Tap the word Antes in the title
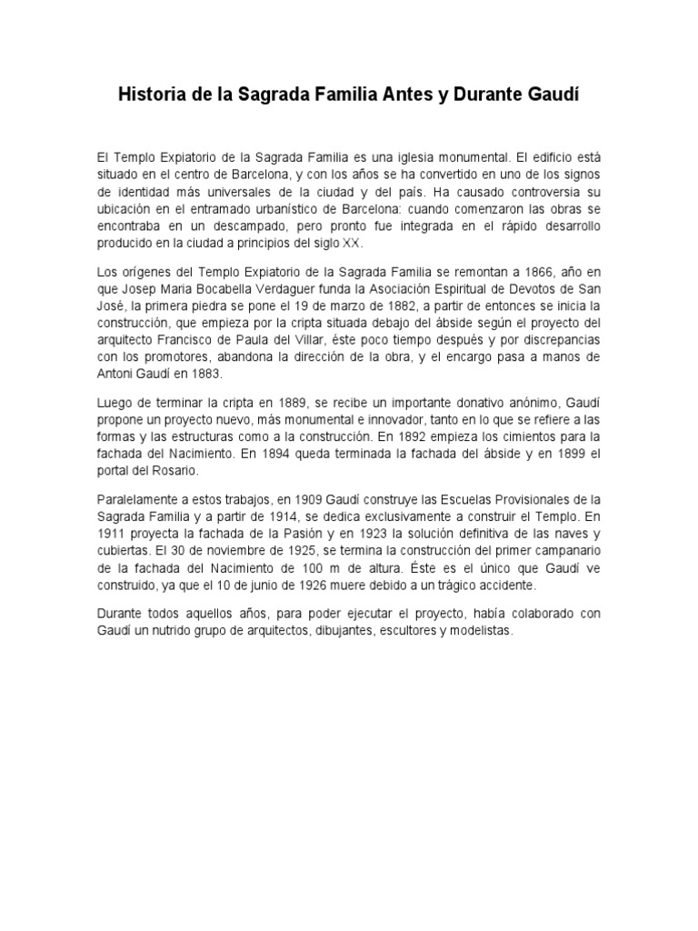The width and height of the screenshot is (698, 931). coord(423,95)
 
